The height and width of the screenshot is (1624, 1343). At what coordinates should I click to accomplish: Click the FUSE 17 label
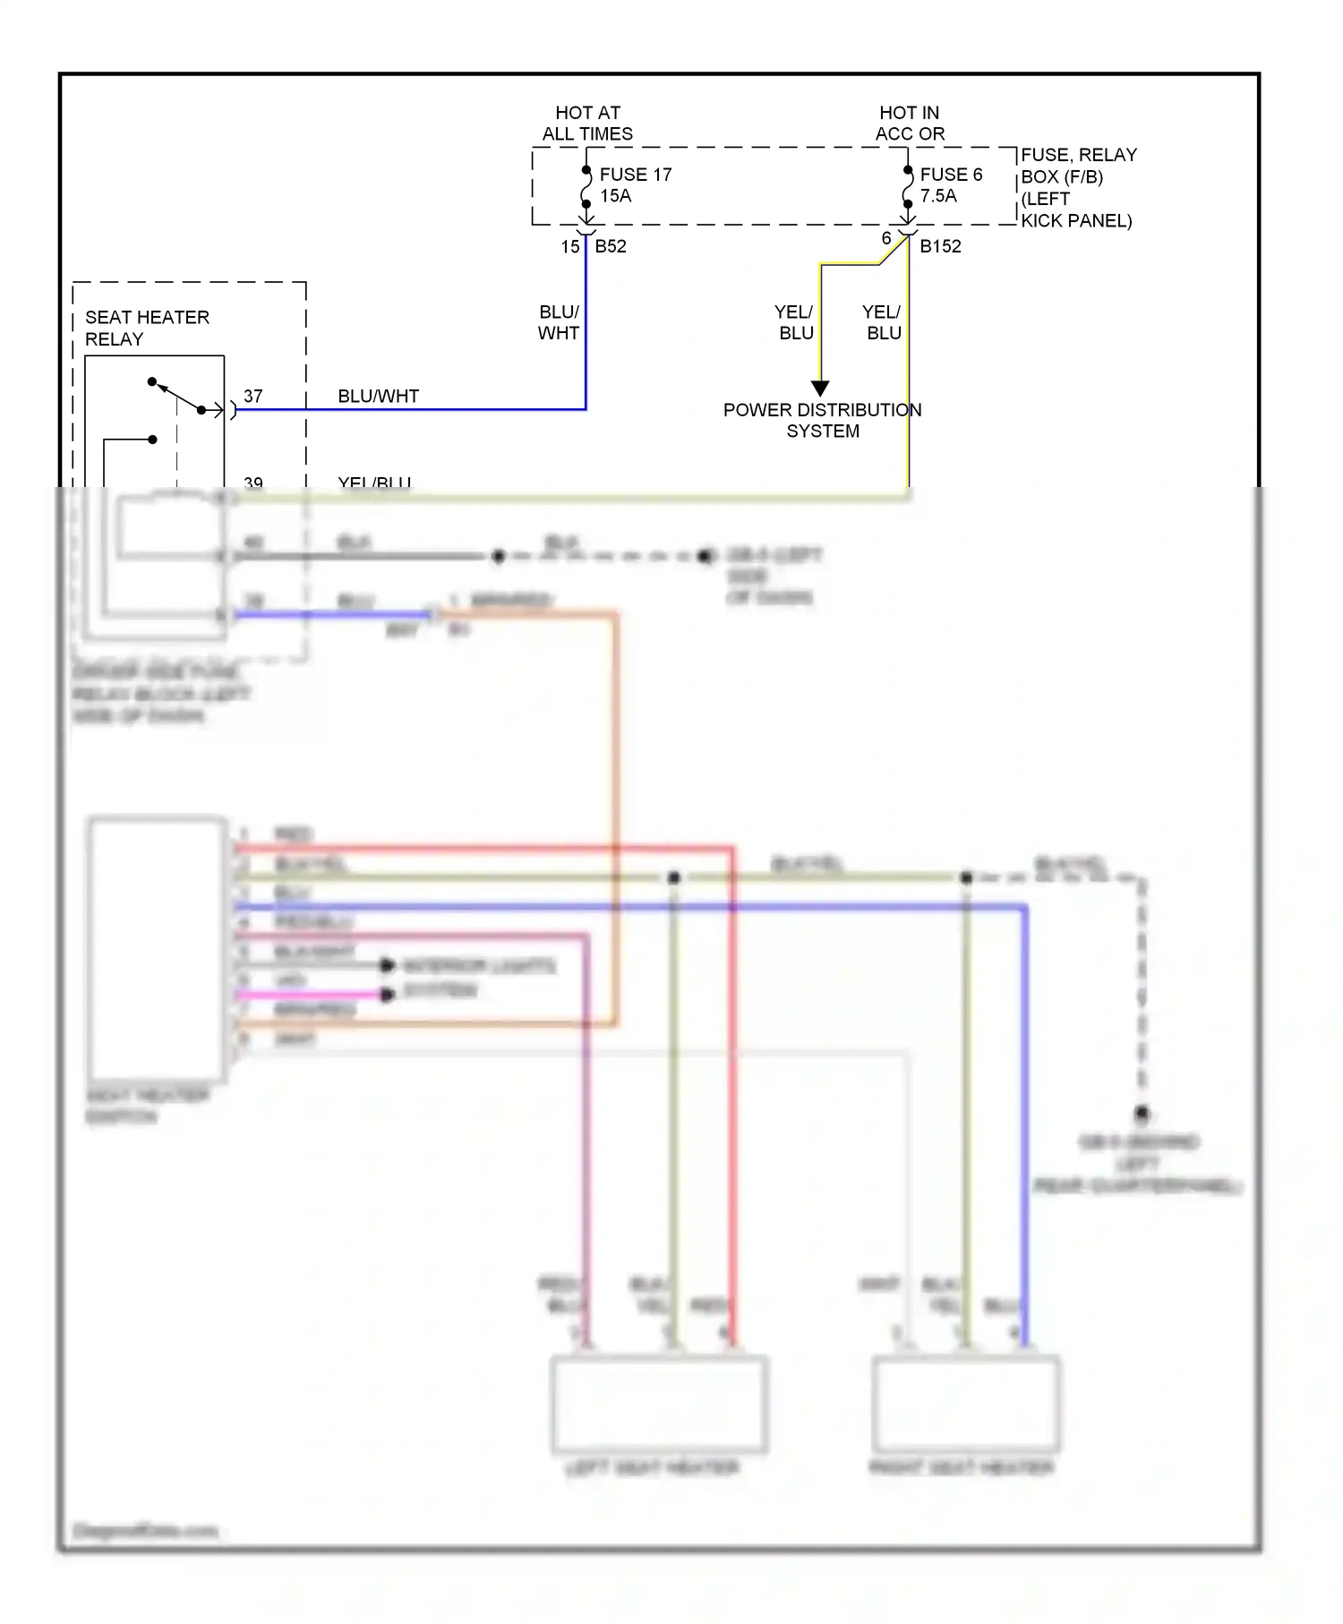pos(635,175)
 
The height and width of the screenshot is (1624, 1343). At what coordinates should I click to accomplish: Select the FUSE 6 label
pos(950,175)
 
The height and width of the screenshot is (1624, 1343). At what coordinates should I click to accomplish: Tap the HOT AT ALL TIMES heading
pos(587,124)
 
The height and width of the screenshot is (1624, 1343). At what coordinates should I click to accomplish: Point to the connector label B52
pos(611,246)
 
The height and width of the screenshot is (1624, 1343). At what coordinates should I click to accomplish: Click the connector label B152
pos(940,246)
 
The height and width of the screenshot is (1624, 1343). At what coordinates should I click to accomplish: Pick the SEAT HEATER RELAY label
pos(146,328)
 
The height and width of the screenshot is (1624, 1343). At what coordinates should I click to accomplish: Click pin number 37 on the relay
pos(253,396)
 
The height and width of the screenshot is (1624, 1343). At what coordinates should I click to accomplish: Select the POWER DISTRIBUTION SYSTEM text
pos(822,420)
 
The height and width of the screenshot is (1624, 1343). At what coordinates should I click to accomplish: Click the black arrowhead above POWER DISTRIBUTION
pos(820,389)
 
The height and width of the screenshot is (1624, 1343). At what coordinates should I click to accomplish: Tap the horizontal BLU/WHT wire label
pos(378,396)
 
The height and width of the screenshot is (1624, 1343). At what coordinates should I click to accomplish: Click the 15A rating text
pos(615,196)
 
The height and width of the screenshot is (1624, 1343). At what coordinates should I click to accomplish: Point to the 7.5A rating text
pos(938,196)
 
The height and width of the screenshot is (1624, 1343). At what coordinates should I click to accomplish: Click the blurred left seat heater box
pos(659,1404)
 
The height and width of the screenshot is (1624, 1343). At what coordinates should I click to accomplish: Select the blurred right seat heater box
pos(966,1404)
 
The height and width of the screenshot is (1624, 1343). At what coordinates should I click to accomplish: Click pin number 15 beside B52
pos(570,247)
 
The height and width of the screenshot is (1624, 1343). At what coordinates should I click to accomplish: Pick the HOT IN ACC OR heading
pos(910,124)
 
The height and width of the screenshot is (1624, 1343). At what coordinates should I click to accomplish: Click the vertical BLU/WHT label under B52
pos(559,322)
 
